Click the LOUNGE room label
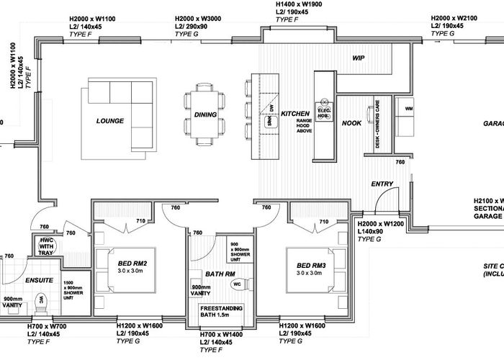click(x=110, y=121)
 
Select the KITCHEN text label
click(x=295, y=114)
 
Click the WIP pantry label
click(x=359, y=58)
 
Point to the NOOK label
click(x=351, y=123)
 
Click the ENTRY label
click(x=382, y=184)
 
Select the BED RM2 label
click(x=134, y=264)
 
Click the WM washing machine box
click(x=409, y=109)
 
